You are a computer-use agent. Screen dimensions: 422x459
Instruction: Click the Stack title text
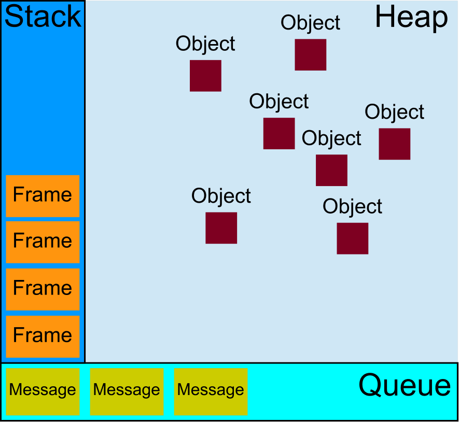coord(43,17)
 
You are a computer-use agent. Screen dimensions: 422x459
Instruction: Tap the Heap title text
coord(411,18)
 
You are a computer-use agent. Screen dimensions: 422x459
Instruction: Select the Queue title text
coord(405,386)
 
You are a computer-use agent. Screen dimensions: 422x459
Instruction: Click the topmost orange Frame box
coord(43,195)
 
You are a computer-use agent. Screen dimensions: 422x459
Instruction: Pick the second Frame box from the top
coord(43,242)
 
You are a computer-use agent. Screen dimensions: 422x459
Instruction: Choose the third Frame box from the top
coord(43,289)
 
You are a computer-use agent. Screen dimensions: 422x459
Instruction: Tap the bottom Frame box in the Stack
coord(43,336)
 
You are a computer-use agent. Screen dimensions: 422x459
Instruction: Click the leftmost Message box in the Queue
coord(43,391)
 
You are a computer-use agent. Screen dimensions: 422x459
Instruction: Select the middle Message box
coord(127,391)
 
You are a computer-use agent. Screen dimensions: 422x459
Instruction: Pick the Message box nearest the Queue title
coord(211,391)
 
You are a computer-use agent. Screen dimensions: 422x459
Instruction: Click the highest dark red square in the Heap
coord(311,54)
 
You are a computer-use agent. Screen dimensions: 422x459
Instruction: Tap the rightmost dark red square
coord(394,144)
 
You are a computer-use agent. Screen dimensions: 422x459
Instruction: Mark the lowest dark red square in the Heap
coord(353,238)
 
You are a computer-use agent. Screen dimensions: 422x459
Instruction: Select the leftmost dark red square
coord(205,76)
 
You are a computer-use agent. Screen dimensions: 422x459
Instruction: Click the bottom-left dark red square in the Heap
coord(221,228)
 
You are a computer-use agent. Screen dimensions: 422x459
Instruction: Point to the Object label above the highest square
coord(311,23)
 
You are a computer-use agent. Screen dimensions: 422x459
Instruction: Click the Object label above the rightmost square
coord(394,112)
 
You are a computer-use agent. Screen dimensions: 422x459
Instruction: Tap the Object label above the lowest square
coord(353,207)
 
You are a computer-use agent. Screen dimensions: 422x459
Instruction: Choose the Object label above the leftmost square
coord(205,44)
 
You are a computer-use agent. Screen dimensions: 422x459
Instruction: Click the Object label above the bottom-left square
coord(221,196)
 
